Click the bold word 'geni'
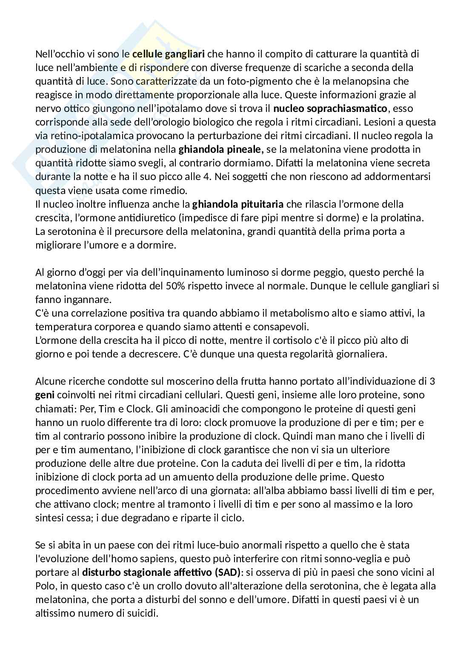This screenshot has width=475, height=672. [x=43, y=395]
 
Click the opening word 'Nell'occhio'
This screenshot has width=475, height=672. [x=60, y=54]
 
